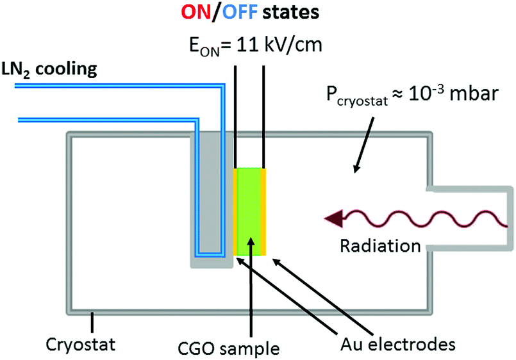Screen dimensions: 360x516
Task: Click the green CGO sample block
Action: coord(250,211)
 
